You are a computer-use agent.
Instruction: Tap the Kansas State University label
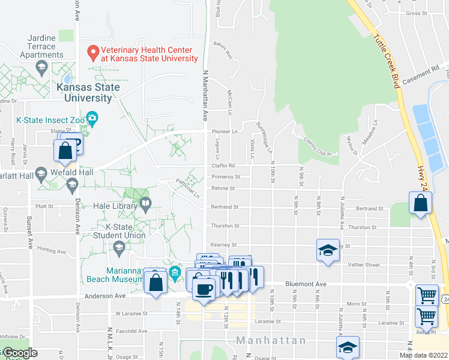(x=88, y=92)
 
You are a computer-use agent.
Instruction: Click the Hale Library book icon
(x=145, y=205)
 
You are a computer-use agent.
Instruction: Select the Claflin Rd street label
(x=221, y=166)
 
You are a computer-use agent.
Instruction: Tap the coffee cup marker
(x=203, y=290)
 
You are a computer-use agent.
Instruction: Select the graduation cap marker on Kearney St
(x=328, y=251)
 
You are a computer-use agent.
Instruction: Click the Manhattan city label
(x=271, y=340)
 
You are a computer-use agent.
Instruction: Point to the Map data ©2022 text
(x=423, y=355)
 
